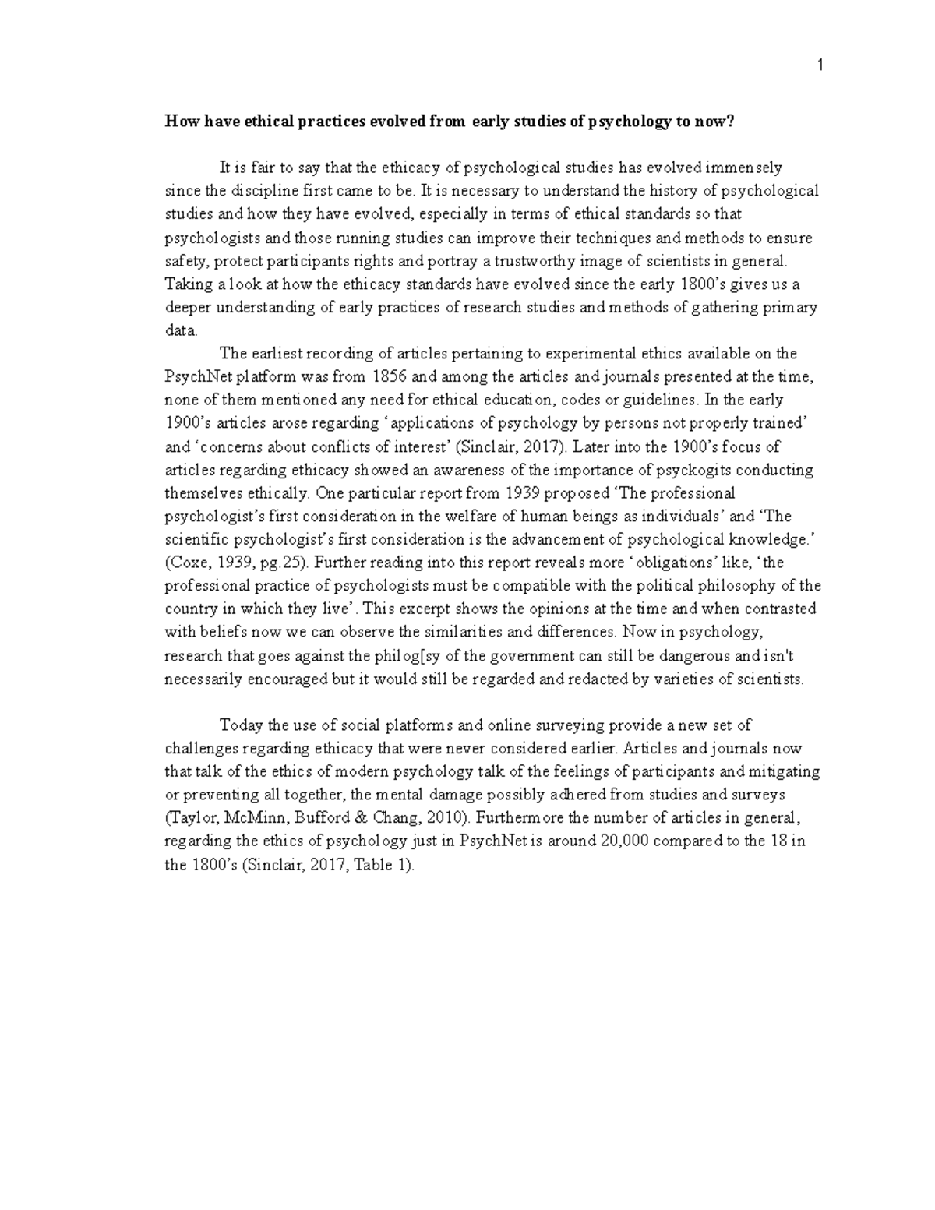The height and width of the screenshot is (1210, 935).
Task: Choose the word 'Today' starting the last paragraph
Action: (x=242, y=725)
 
